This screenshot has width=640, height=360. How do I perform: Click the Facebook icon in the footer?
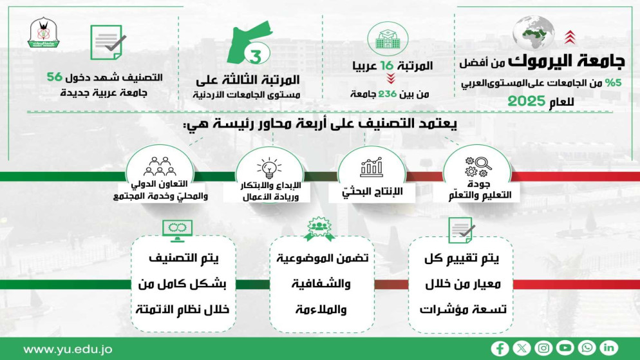click(x=500, y=348)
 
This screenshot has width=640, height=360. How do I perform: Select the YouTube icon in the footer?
click(x=565, y=348)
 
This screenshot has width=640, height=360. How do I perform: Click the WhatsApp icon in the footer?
click(x=587, y=348)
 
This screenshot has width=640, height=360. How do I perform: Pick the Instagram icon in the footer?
click(x=543, y=348)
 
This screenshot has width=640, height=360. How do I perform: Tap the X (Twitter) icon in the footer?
click(x=522, y=348)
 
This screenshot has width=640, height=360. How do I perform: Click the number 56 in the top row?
click(x=55, y=77)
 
